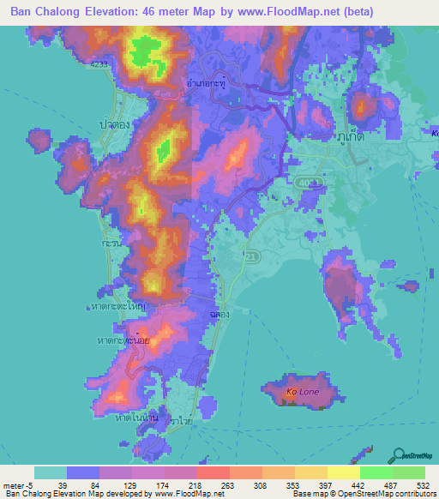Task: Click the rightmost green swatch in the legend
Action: [x=409, y=472]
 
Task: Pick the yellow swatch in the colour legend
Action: [x=344, y=472]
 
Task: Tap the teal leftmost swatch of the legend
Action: [x=51, y=472]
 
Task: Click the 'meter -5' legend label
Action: [x=16, y=485]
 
